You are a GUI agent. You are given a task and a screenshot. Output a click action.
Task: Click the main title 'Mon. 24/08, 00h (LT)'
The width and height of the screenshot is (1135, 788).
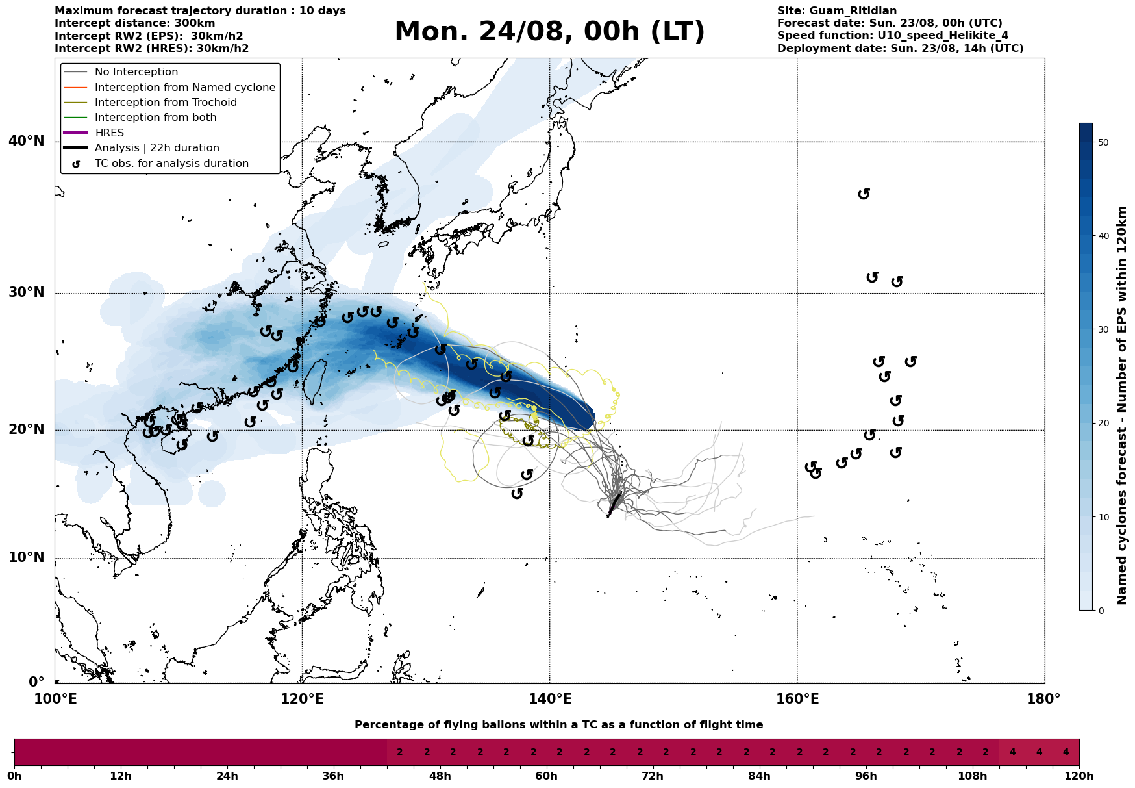click(x=549, y=32)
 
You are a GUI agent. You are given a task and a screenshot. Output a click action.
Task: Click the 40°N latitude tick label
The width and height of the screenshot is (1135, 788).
click(x=27, y=141)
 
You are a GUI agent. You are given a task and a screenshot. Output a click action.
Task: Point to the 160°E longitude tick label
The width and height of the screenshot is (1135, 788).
click(x=797, y=699)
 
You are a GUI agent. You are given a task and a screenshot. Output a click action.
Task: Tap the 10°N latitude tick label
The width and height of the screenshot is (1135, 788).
click(x=27, y=557)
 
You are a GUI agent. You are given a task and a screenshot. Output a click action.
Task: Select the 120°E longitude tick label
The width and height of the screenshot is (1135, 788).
click(x=302, y=699)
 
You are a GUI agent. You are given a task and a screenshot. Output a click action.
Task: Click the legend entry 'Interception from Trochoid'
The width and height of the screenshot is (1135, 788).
click(x=166, y=103)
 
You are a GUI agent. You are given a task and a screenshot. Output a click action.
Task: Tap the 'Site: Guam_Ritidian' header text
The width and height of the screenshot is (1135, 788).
click(x=837, y=11)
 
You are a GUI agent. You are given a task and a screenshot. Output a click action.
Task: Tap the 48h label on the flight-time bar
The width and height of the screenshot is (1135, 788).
click(x=440, y=776)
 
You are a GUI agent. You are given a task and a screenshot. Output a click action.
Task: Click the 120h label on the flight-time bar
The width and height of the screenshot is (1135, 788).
click(x=1079, y=776)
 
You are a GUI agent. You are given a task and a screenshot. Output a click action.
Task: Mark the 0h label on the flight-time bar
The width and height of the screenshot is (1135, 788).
click(x=14, y=776)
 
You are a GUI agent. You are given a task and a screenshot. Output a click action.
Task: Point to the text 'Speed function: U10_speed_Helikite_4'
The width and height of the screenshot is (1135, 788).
click(x=893, y=36)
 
